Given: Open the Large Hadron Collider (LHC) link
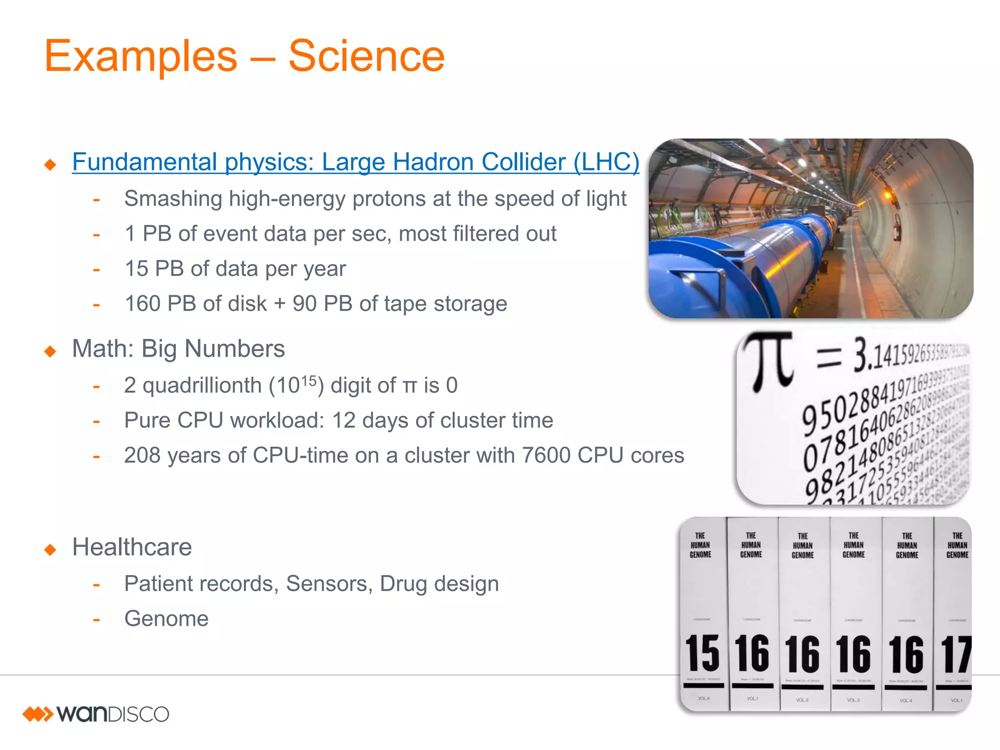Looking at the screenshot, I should pyautogui.click(x=355, y=162).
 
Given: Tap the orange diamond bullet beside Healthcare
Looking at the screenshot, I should pyautogui.click(x=50, y=549).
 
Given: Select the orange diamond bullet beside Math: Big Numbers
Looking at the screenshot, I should pyautogui.click(x=50, y=351).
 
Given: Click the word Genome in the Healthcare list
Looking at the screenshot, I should pyautogui.click(x=167, y=619).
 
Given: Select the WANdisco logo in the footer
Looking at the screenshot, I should pyautogui.click(x=96, y=714).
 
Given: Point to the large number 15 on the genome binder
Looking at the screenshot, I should pyautogui.click(x=702, y=653).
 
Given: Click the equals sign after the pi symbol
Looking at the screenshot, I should pyautogui.click(x=829, y=357).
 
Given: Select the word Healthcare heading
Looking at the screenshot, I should pyautogui.click(x=132, y=547).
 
